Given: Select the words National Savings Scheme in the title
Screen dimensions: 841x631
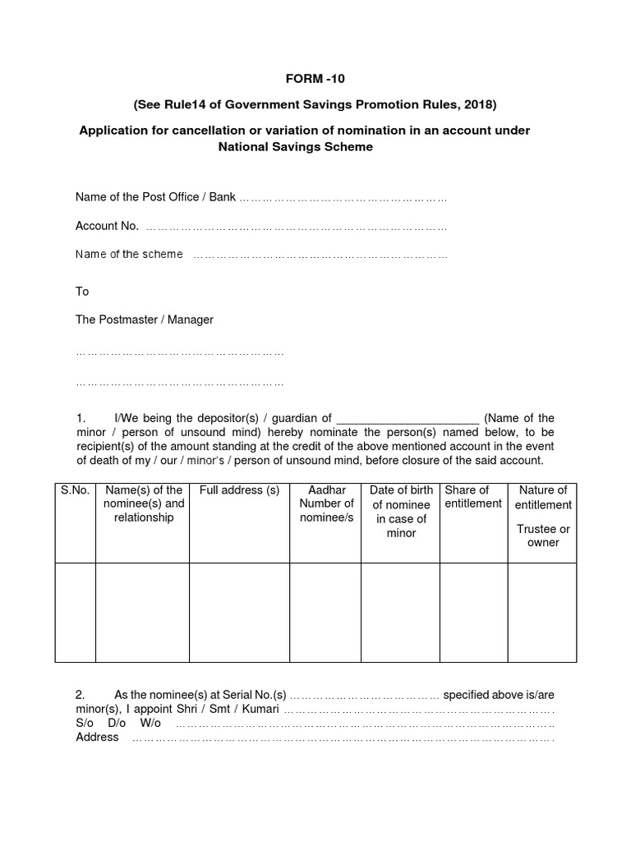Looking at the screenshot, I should [295, 147].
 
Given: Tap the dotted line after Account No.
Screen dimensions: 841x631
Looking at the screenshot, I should [296, 227].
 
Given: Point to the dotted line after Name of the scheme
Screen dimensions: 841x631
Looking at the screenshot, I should [320, 255].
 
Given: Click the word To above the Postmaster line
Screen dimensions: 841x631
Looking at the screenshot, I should [82, 292].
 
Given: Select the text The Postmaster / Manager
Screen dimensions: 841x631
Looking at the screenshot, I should [144, 319].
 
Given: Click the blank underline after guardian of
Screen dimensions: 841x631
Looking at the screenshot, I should [408, 418].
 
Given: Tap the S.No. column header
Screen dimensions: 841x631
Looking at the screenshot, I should [75, 490].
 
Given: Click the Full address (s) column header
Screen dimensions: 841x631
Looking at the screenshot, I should [239, 490].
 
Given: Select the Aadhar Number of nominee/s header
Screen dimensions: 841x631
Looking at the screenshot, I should [326, 503].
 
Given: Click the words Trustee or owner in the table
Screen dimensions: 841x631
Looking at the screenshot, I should [542, 535].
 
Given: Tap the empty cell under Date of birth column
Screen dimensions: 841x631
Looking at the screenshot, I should [401, 612].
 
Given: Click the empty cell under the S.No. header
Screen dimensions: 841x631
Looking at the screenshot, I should [76, 612].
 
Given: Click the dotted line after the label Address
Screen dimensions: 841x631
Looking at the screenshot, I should [343, 738].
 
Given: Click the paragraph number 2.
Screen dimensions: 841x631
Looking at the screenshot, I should [80, 694].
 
